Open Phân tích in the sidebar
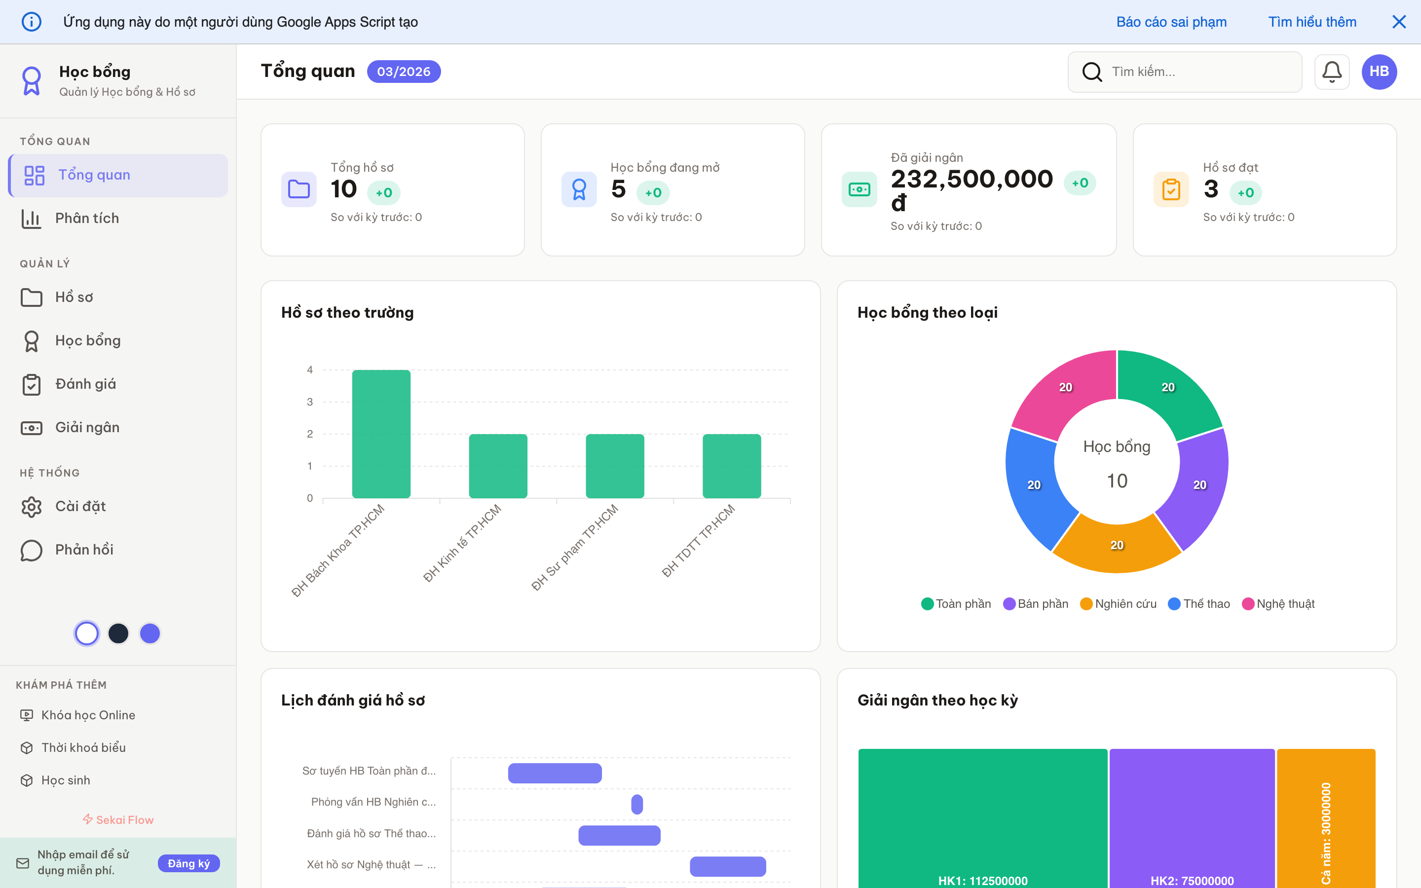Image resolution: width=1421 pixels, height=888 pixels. (87, 219)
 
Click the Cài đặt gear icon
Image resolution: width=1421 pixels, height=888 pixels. (32, 506)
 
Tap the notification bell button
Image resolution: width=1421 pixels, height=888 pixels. (1332, 72)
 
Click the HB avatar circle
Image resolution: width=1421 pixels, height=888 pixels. (1379, 72)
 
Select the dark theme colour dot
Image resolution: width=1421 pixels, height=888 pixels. (118, 633)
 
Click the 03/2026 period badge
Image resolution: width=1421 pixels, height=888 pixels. (404, 72)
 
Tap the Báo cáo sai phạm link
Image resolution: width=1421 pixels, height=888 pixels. (1171, 22)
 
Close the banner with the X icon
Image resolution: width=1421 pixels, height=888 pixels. (1399, 22)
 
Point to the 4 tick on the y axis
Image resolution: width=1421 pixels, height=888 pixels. (310, 370)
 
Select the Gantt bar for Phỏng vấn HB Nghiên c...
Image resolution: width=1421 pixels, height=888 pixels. (637, 804)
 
